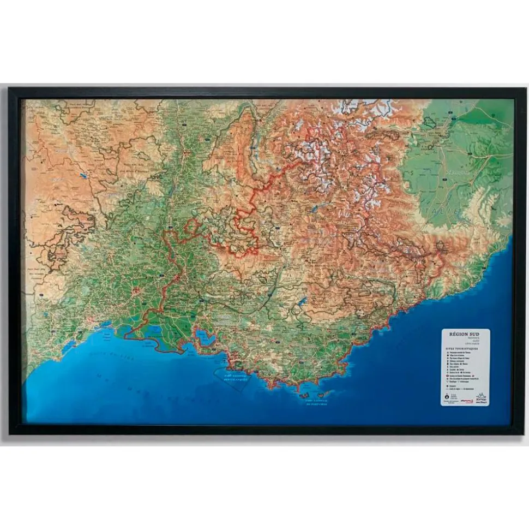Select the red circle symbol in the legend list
tap(447, 376)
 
